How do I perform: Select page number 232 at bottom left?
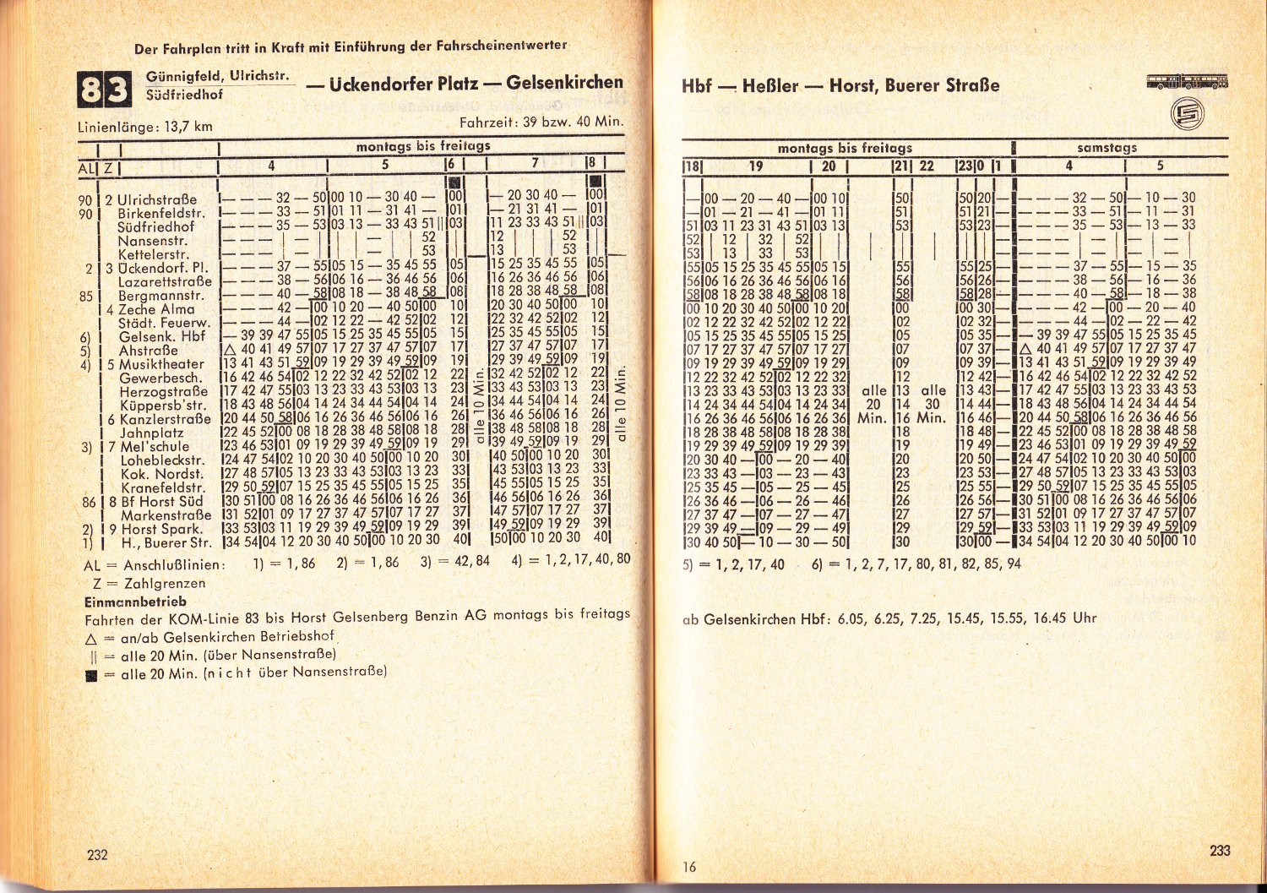pyautogui.click(x=97, y=854)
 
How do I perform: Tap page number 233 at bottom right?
pyautogui.click(x=1220, y=850)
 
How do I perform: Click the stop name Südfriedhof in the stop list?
pyautogui.click(x=155, y=227)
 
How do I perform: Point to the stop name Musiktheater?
pyautogui.click(x=161, y=364)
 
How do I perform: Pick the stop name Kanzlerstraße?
pyautogui.click(x=165, y=419)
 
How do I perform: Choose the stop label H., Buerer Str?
pyautogui.click(x=166, y=542)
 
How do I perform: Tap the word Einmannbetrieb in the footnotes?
pyautogui.click(x=135, y=602)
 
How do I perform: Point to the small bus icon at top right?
pyautogui.click(x=1187, y=82)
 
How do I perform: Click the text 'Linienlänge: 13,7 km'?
pyautogui.click(x=145, y=127)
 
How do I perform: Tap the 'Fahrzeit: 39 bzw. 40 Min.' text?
pyautogui.click(x=541, y=122)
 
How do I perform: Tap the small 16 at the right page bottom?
pyautogui.click(x=689, y=867)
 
